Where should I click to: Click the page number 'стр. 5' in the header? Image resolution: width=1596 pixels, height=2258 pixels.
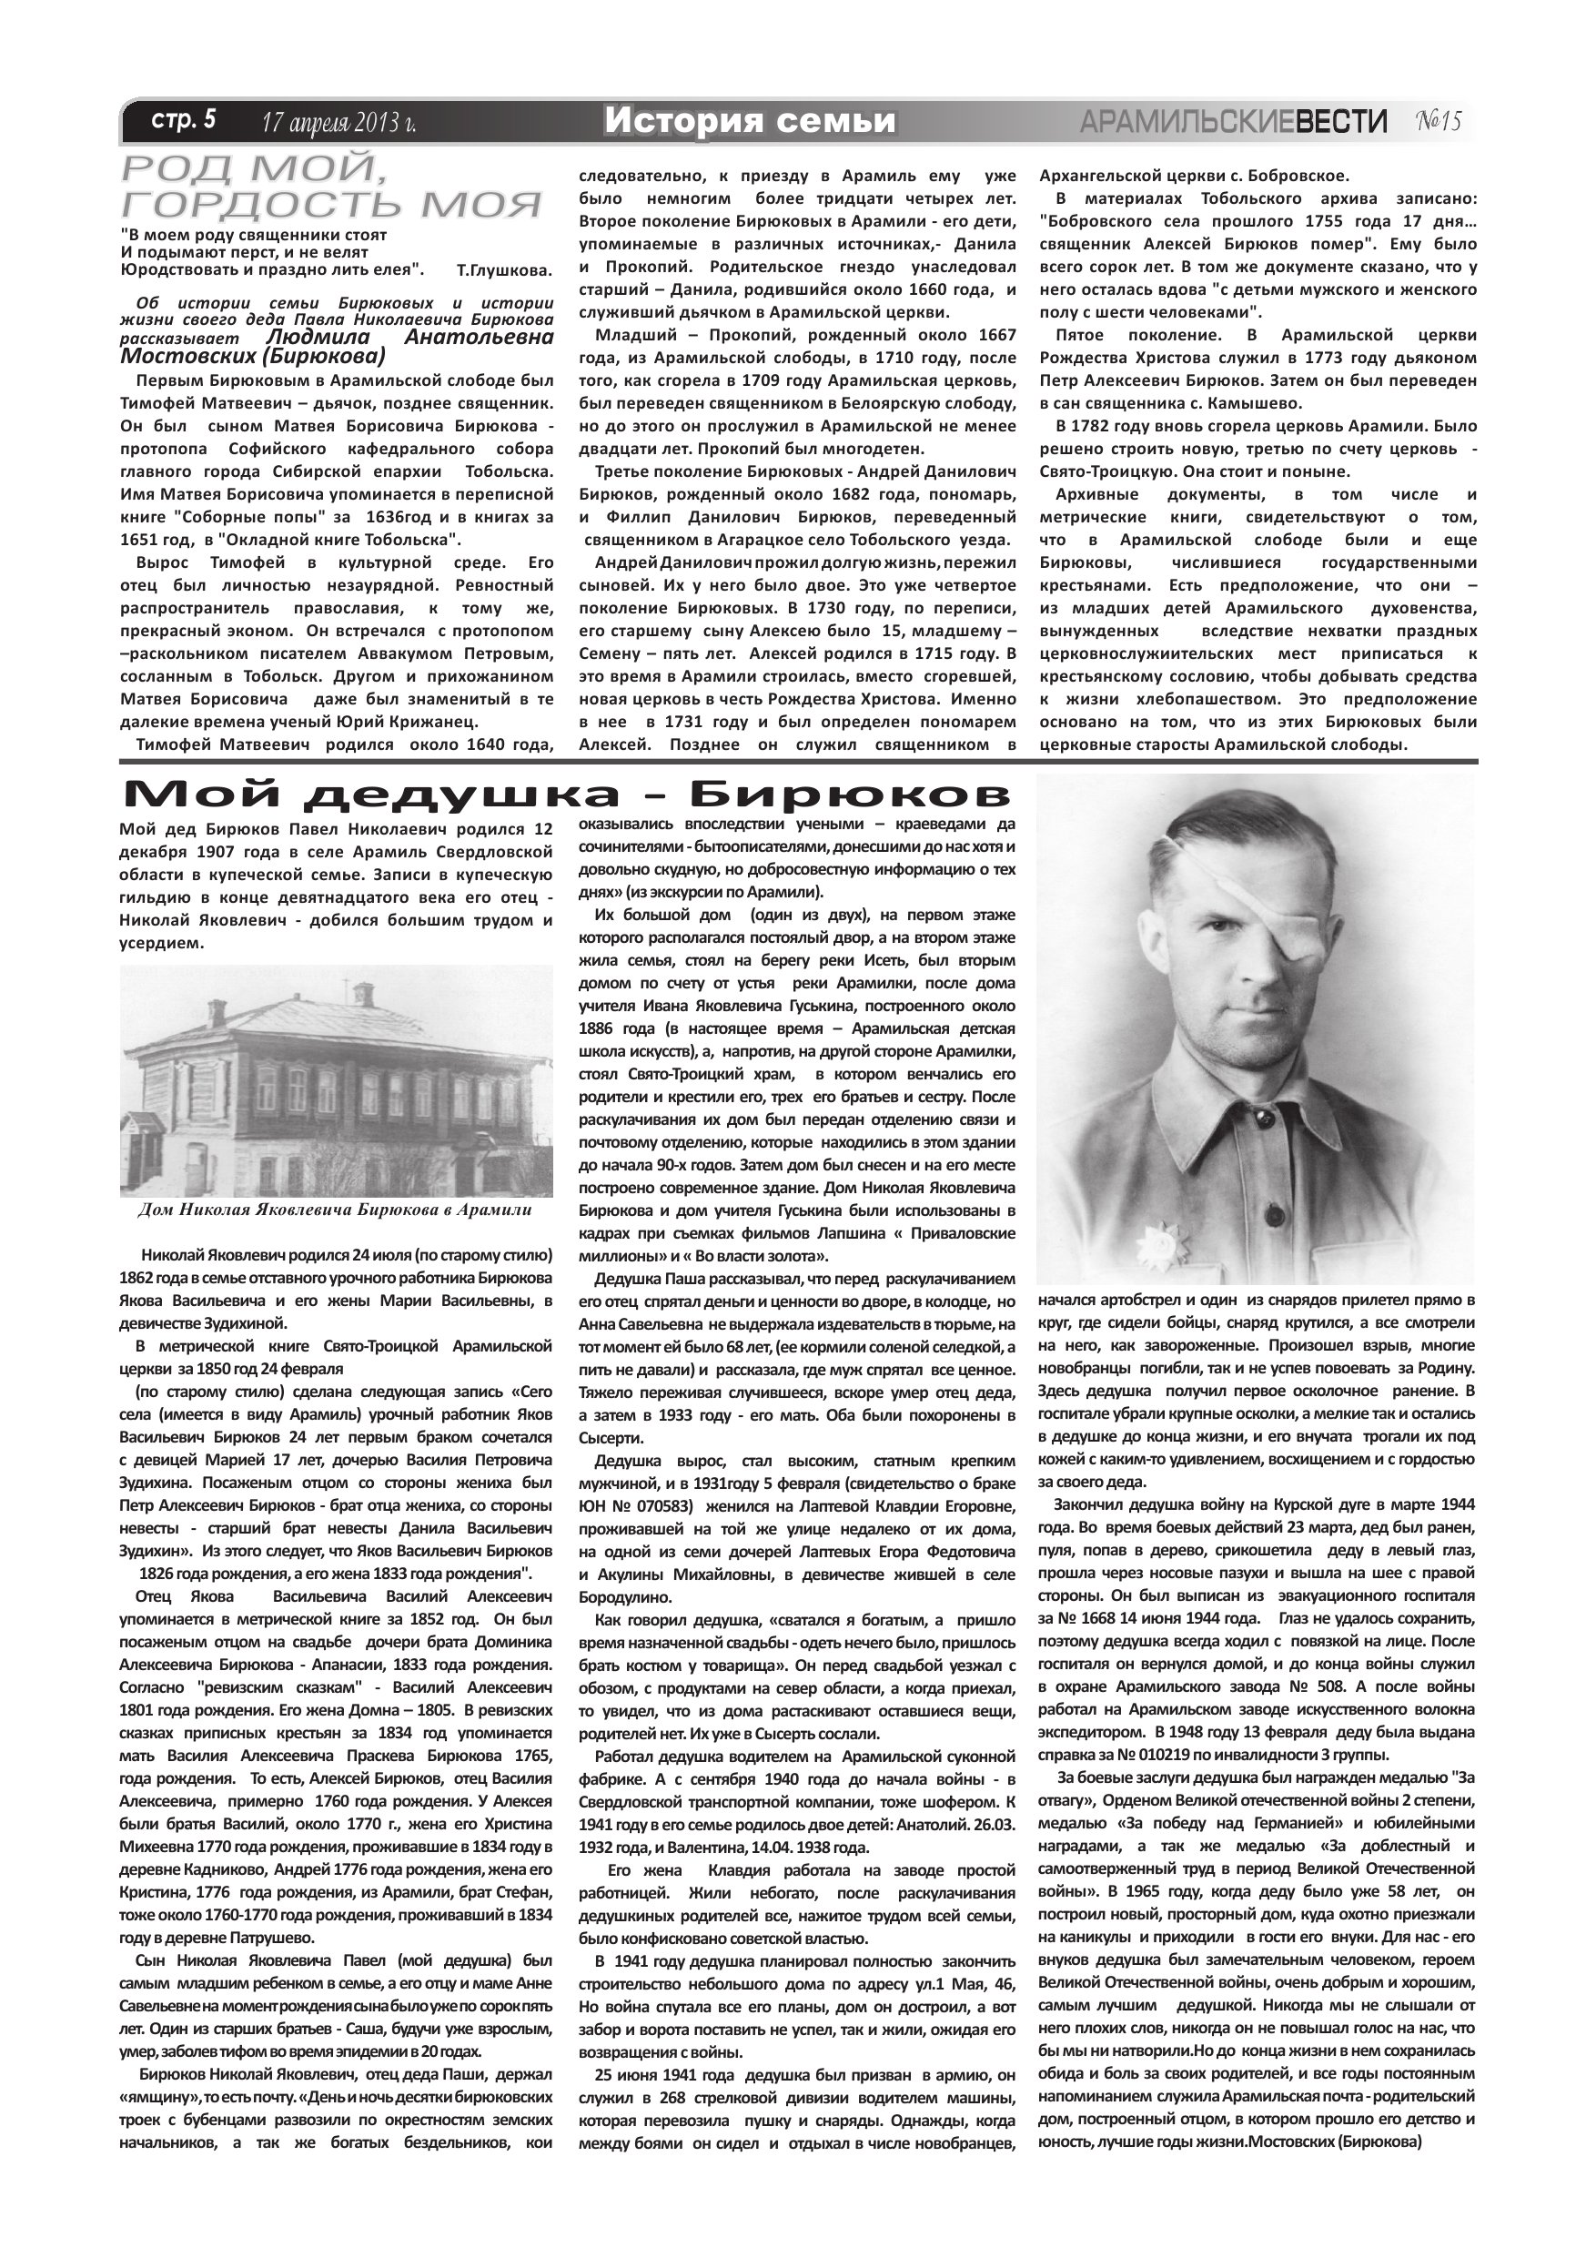click(183, 121)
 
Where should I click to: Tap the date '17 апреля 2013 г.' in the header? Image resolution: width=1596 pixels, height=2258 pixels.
click(338, 123)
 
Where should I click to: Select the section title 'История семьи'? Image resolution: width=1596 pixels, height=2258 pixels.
click(751, 121)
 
